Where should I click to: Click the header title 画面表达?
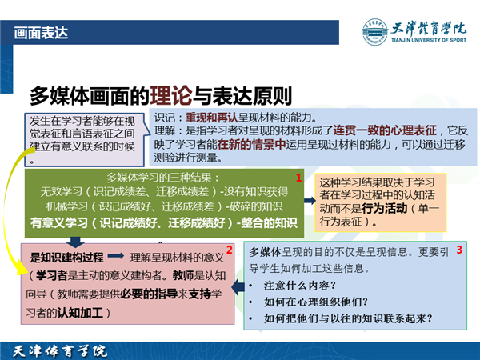click(x=41, y=33)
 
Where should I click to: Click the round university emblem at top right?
click(x=374, y=32)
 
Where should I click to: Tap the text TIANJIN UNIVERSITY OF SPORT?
click(x=429, y=40)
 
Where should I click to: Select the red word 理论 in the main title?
click(x=171, y=96)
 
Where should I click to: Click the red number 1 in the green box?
click(x=298, y=178)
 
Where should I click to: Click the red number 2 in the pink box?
click(x=230, y=250)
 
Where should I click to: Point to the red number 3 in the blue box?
click(x=459, y=250)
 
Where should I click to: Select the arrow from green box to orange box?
click(x=310, y=201)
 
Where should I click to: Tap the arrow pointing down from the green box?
click(x=75, y=242)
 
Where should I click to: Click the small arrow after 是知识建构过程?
click(x=116, y=256)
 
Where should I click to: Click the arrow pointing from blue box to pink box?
click(x=238, y=287)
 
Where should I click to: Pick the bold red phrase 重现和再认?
click(x=211, y=118)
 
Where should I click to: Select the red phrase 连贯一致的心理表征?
click(x=385, y=130)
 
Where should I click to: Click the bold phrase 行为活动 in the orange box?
click(x=385, y=209)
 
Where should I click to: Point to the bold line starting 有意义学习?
click(x=164, y=223)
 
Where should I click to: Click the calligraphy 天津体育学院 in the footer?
click(x=60, y=351)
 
